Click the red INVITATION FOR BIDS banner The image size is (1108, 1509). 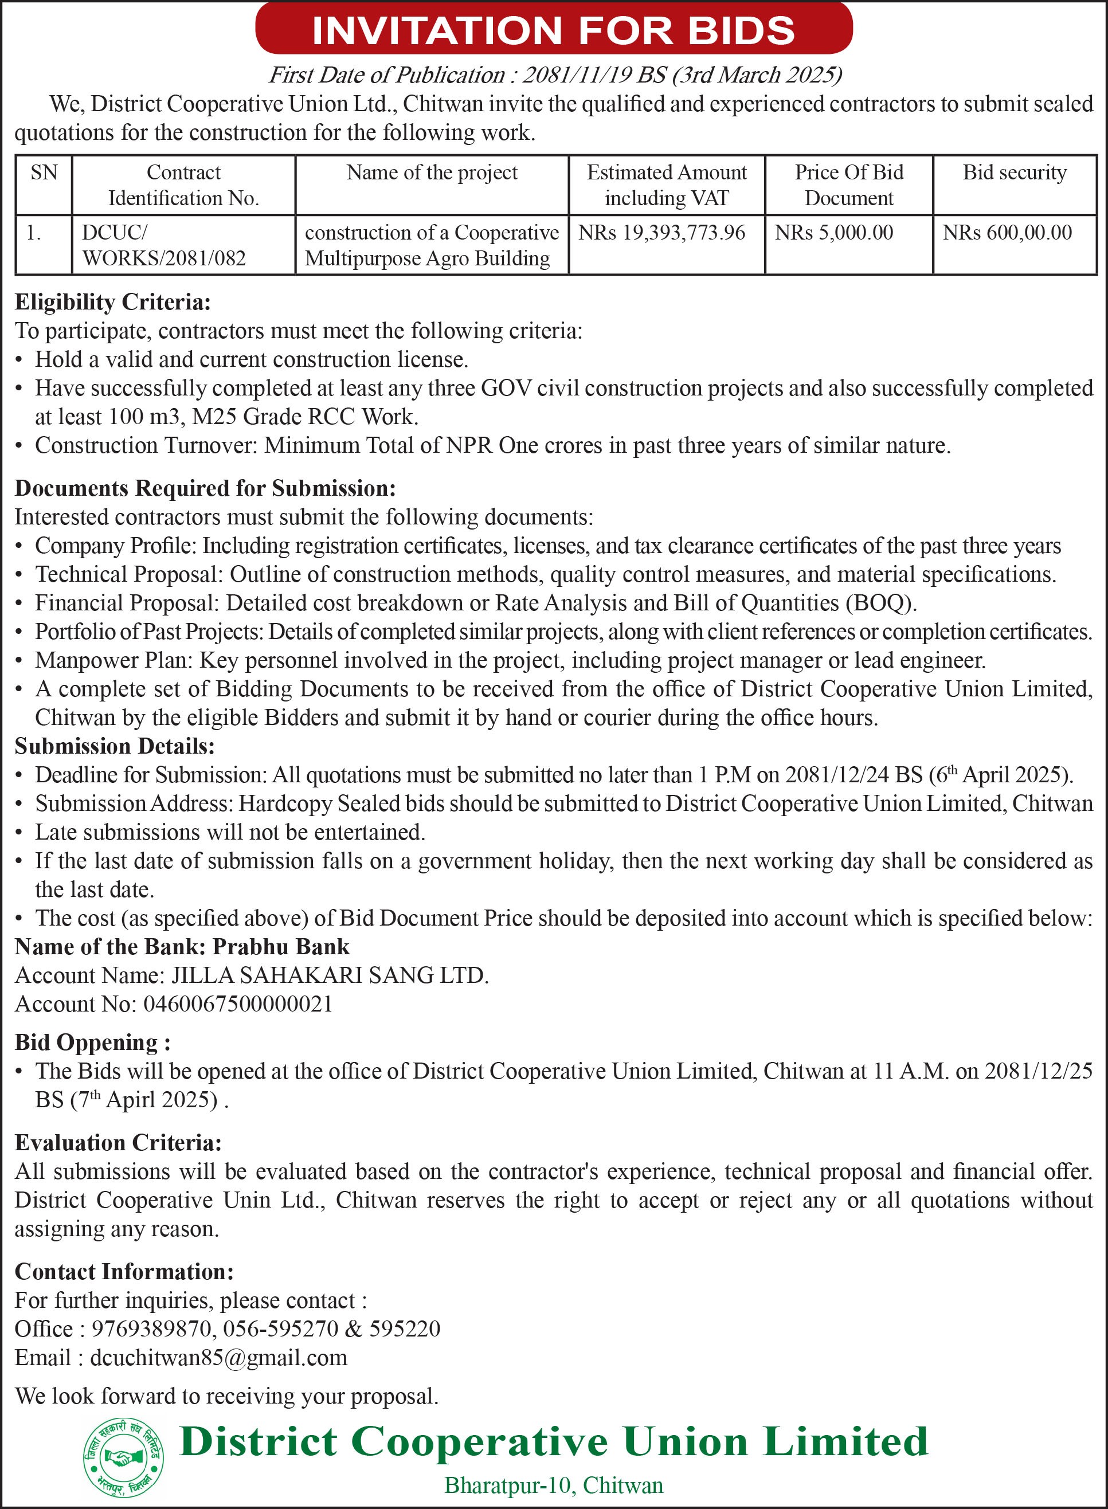[x=553, y=29]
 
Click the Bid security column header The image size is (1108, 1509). [x=1014, y=173]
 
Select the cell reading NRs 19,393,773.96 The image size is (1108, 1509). [x=661, y=233]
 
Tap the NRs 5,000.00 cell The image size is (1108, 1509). [x=833, y=233]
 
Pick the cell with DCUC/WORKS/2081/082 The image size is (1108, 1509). [x=165, y=245]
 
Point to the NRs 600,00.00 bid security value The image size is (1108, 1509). [x=1007, y=233]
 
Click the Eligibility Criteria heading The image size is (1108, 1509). [x=113, y=303]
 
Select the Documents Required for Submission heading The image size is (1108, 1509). [x=205, y=488]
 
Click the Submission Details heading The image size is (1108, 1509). [x=115, y=746]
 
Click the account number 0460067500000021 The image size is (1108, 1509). [x=238, y=1004]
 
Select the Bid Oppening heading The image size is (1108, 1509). [x=92, y=1042]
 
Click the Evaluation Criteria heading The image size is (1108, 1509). [x=118, y=1142]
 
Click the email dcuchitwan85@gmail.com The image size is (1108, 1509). [x=218, y=1358]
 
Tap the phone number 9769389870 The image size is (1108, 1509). [x=153, y=1328]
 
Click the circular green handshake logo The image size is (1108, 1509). [x=123, y=1458]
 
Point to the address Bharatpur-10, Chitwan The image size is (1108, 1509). [x=553, y=1485]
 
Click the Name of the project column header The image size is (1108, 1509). [x=432, y=173]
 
